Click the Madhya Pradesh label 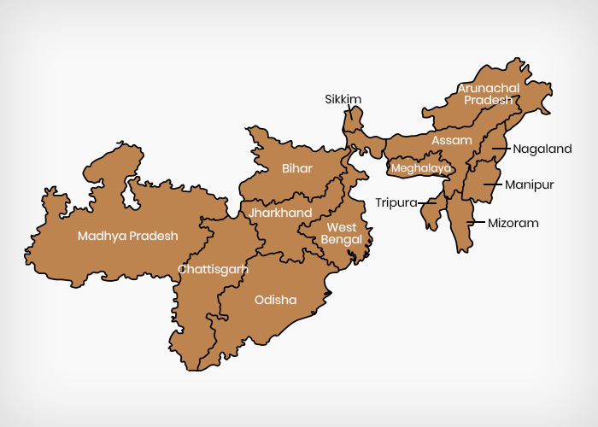(x=127, y=236)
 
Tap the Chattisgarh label (x=213, y=269)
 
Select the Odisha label (x=275, y=300)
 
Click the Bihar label (x=297, y=168)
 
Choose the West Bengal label (x=342, y=233)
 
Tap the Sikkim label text (x=343, y=100)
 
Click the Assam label (x=452, y=140)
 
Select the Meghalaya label (x=420, y=168)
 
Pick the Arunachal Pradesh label (x=488, y=94)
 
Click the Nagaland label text (x=542, y=149)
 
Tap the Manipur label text (x=529, y=184)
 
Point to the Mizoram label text (x=513, y=223)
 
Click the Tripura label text (x=396, y=202)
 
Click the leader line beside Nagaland (x=501, y=149)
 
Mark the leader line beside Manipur (x=493, y=184)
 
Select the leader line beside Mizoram (x=475, y=223)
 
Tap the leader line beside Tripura (x=426, y=202)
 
